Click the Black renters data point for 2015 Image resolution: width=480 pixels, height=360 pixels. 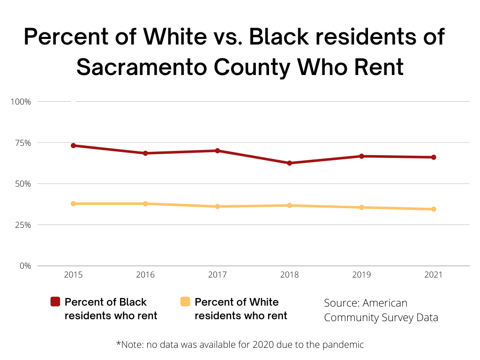click(74, 146)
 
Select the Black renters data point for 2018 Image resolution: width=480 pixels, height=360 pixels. click(290, 163)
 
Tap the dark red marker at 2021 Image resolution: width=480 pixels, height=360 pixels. click(434, 157)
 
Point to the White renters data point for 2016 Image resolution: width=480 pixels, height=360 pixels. click(145, 203)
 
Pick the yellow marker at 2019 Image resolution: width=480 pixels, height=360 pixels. click(361, 207)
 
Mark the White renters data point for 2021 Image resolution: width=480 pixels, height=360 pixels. click(434, 209)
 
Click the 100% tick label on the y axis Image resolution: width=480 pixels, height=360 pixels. click(21, 102)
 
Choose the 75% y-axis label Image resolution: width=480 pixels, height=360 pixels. click(22, 143)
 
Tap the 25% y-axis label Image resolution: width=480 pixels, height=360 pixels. click(22, 225)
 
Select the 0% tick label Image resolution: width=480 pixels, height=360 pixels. click(25, 266)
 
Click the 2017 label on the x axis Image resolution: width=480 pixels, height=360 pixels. click(217, 275)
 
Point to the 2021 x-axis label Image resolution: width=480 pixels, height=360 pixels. click(434, 275)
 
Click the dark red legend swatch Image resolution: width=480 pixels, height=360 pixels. click(55, 302)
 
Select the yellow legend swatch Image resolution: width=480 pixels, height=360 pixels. click(185, 302)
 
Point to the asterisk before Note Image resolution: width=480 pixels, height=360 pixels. click(118, 344)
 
